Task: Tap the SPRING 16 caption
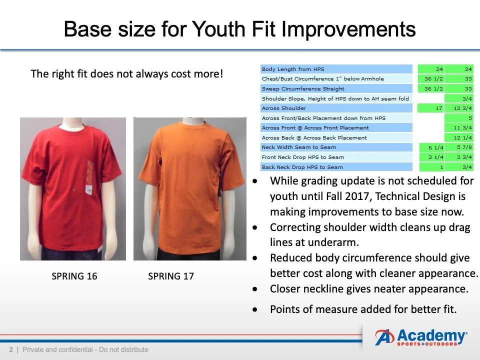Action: click(74, 276)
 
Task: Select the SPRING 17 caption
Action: click(171, 276)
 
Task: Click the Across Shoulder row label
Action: click(284, 108)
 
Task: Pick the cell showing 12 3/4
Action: click(459, 108)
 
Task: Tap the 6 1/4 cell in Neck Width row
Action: click(430, 147)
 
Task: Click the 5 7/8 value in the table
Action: click(459, 147)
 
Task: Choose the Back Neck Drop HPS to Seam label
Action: click(302, 167)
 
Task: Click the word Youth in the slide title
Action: click(217, 29)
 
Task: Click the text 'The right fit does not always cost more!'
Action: click(126, 74)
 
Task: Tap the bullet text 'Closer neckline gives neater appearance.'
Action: click(369, 288)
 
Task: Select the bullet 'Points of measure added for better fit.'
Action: click(363, 309)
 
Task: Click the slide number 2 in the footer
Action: click(11, 349)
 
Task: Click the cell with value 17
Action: click(430, 108)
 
